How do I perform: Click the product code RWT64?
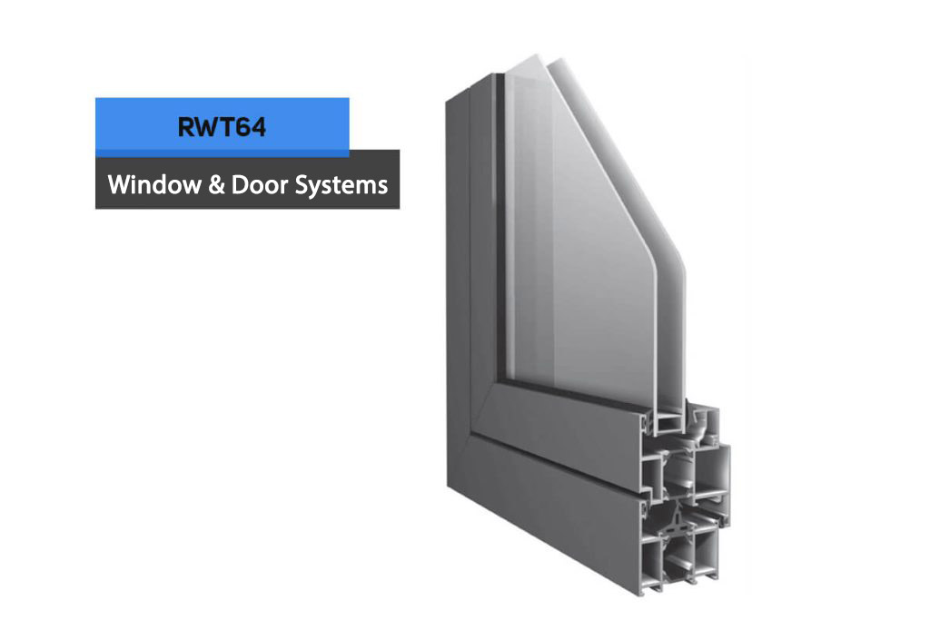(x=222, y=127)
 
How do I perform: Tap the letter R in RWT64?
(x=186, y=127)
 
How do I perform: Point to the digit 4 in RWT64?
(x=257, y=127)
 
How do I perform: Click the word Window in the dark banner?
(x=154, y=184)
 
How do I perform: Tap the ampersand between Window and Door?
(x=216, y=185)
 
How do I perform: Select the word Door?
(x=260, y=184)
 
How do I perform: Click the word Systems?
(x=341, y=185)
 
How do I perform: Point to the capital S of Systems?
(x=302, y=185)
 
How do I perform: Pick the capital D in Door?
(x=240, y=185)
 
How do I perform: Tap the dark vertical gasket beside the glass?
(x=500, y=225)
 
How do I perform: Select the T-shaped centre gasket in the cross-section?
(x=672, y=522)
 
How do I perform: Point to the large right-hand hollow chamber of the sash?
(x=712, y=470)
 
